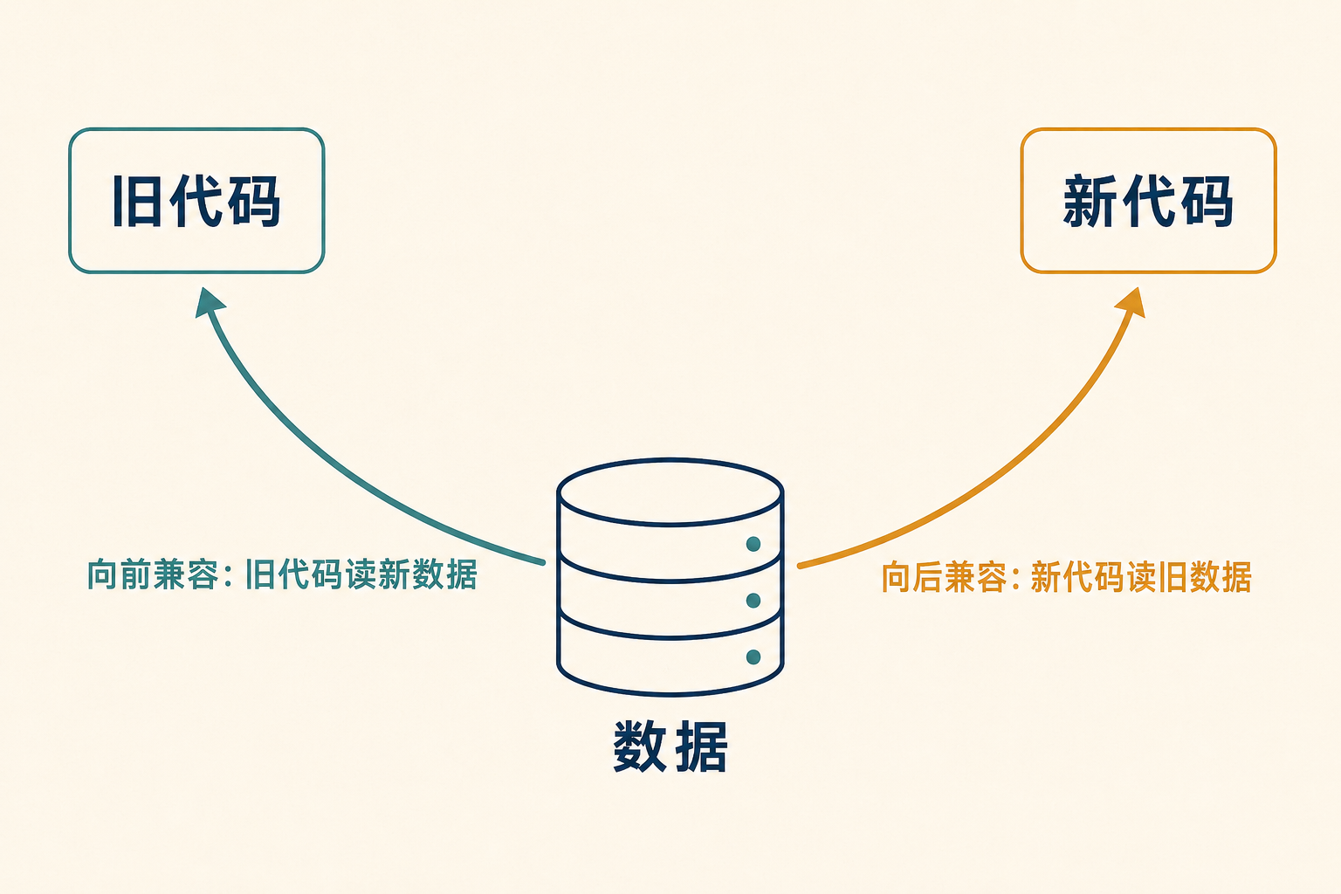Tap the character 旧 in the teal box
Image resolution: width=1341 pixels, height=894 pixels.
136,201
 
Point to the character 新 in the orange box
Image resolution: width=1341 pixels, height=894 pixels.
1089,201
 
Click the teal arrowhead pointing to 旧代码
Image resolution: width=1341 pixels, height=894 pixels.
209,302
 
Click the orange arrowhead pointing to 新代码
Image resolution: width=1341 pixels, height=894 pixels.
1131,302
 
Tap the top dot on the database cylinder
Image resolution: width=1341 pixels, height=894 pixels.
753,544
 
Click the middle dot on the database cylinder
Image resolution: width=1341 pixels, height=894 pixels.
753,600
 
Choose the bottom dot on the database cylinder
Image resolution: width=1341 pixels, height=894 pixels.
753,657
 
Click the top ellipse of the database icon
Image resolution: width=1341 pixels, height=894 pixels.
670,459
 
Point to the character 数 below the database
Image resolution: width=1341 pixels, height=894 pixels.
639,746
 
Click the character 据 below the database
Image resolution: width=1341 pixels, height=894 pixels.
701,746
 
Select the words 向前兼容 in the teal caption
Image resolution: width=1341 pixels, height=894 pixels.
153,574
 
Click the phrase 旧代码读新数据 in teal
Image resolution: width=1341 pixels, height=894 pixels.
361,574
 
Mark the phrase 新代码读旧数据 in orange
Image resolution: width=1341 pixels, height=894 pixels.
1141,577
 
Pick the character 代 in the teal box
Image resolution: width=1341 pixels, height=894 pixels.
196,201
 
